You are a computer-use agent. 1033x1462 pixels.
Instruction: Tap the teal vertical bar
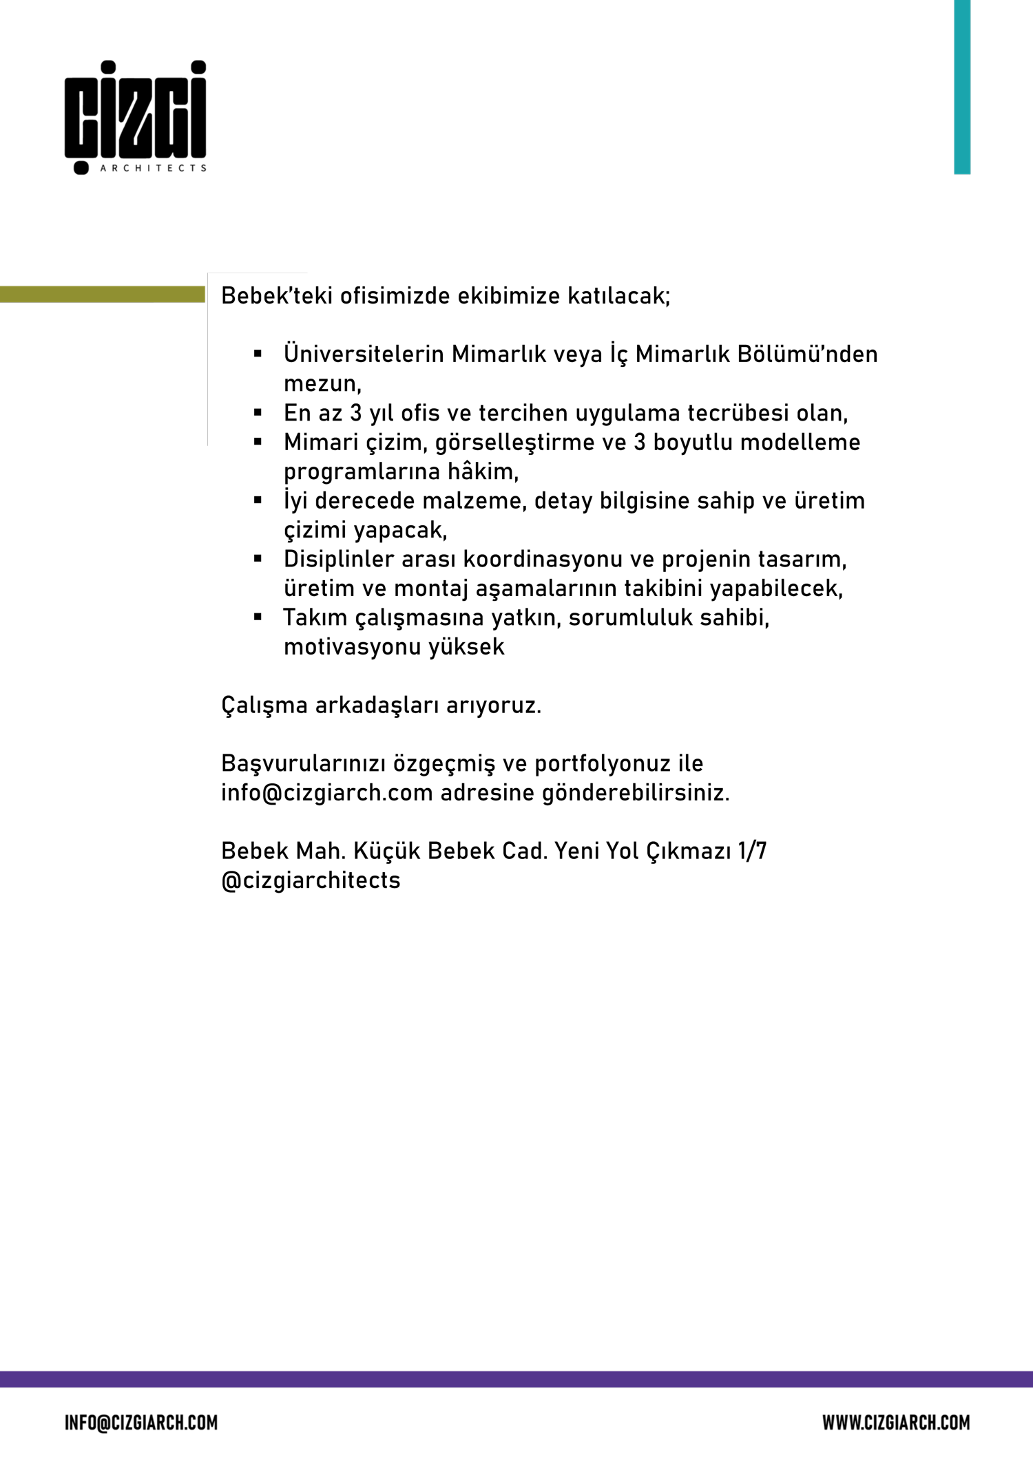click(961, 87)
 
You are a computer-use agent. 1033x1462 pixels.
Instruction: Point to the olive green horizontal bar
click(102, 295)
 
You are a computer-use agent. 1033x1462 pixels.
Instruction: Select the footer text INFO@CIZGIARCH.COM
click(141, 1423)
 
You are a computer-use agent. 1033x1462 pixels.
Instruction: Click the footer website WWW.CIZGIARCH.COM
click(896, 1423)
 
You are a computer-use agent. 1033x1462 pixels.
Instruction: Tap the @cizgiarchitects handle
click(311, 880)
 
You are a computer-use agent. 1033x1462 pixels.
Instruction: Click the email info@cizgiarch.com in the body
click(326, 793)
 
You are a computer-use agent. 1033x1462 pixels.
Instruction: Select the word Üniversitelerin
click(364, 354)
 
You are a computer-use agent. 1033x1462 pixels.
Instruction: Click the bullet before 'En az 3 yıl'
click(258, 413)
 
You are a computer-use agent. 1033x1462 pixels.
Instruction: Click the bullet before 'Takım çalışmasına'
click(258, 617)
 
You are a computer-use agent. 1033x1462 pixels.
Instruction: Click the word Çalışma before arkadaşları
click(264, 706)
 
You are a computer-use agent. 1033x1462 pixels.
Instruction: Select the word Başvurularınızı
click(303, 763)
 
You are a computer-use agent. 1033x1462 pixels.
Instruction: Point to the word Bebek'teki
click(277, 296)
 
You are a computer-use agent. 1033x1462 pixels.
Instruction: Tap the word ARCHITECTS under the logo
click(153, 168)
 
